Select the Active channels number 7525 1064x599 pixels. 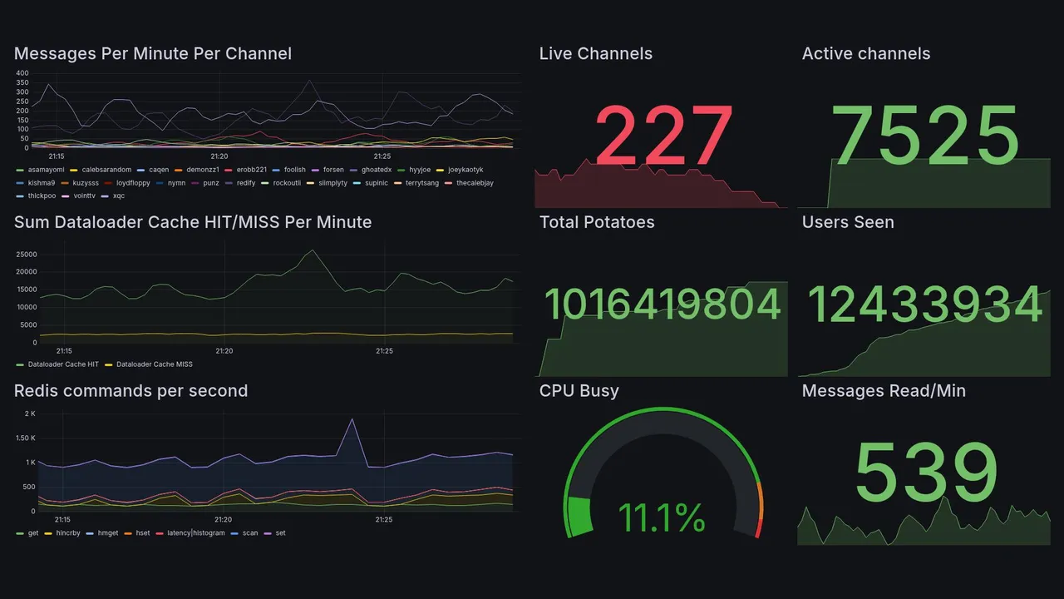925,136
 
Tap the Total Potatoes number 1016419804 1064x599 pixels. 663,304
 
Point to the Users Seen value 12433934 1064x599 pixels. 925,304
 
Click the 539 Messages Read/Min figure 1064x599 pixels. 925,473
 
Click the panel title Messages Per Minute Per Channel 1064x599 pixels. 153,54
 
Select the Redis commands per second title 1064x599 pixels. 131,391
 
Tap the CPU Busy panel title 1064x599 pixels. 579,391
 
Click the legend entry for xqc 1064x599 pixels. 118,196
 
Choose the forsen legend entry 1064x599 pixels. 332,170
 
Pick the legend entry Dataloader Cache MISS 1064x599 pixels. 154,364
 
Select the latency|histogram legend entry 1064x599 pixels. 195,533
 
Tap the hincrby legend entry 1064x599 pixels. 66,533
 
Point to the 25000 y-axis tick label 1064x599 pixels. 26,255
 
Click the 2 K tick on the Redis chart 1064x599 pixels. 30,414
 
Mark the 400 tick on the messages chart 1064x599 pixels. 22,73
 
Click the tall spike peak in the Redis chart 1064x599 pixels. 352,419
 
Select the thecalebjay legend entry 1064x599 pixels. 475,183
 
